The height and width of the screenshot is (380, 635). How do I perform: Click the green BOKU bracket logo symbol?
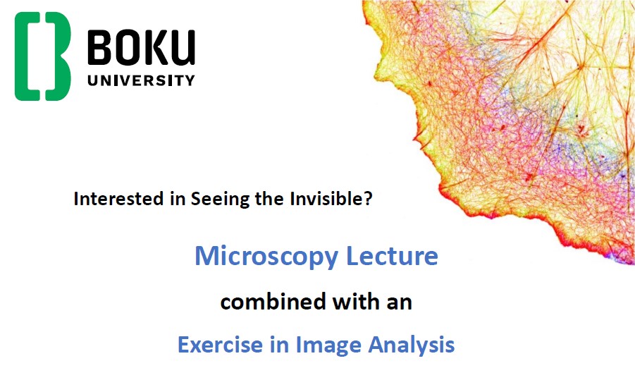(x=42, y=56)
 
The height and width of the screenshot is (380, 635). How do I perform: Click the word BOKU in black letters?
(x=142, y=48)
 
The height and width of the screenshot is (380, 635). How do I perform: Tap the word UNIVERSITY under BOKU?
(x=142, y=80)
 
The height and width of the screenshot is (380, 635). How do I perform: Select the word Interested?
(x=118, y=199)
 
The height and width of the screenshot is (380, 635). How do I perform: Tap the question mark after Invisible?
(x=368, y=198)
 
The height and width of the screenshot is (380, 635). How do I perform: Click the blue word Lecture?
(x=392, y=256)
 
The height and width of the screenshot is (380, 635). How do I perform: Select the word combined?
(x=273, y=302)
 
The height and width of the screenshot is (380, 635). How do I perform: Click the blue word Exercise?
(x=221, y=345)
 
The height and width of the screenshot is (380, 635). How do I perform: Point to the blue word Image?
(x=328, y=345)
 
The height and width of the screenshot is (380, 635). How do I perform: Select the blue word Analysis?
(x=412, y=345)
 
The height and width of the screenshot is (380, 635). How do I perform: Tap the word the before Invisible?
(x=270, y=199)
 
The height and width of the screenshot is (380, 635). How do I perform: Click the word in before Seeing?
(x=178, y=199)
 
